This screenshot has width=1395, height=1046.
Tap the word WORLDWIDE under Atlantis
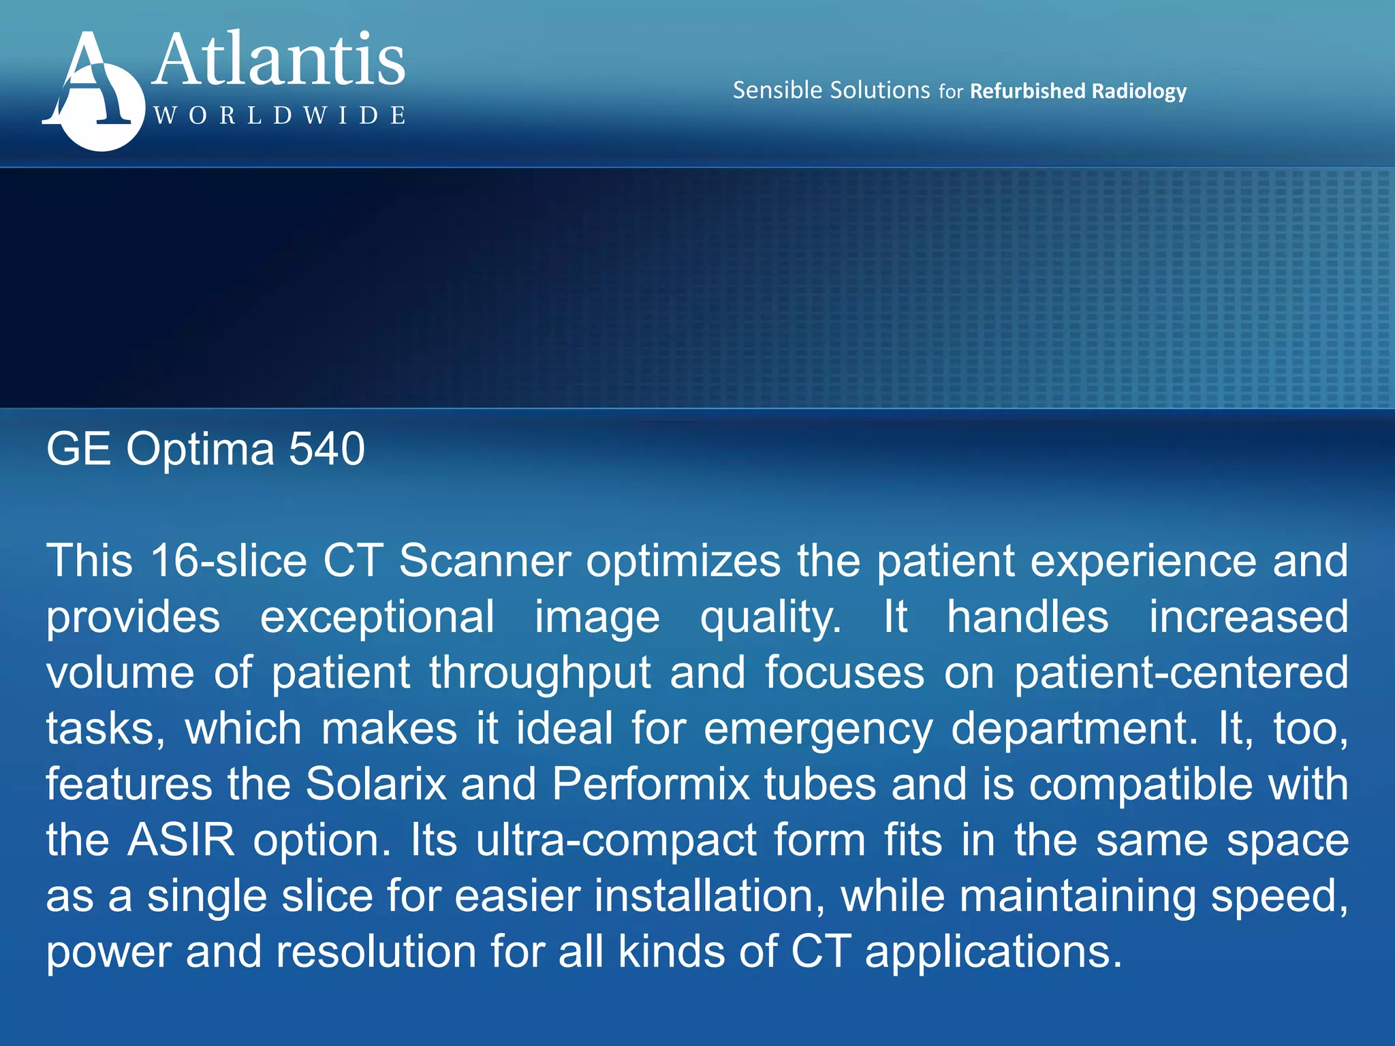pos(280,115)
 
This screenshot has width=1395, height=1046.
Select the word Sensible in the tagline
pos(777,90)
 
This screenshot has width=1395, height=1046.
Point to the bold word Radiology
pos(1139,91)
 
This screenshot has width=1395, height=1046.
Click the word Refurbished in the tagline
pos(1027,91)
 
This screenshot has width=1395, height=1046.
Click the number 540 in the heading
pos(327,449)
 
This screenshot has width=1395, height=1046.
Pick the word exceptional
pos(377,617)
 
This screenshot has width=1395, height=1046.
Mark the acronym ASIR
pos(181,840)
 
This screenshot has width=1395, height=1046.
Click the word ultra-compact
pos(616,840)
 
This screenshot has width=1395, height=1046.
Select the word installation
pos(709,896)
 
